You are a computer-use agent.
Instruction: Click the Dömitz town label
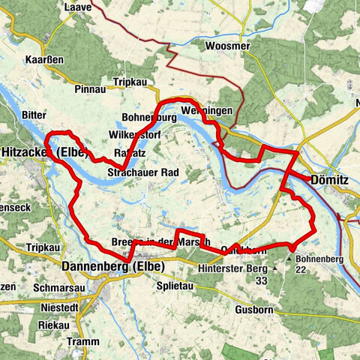[329, 180]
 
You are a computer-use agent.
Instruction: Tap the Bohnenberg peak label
[319, 259]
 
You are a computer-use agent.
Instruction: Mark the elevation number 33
[261, 280]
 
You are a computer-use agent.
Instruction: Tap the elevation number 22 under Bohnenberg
[324, 272]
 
